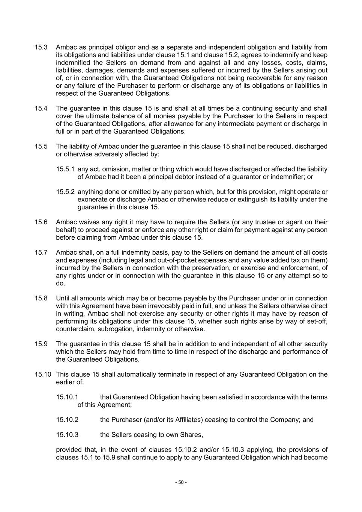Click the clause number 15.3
coord(41,47)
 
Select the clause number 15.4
coord(41,108)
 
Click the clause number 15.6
coord(41,222)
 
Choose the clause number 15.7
coord(41,253)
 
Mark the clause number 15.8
coord(41,299)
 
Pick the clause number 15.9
coord(41,344)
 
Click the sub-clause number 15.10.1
coord(67,397)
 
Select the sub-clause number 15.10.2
coord(67,420)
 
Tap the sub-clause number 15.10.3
coord(67,435)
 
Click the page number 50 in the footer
coord(181,482)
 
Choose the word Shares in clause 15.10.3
coord(192,435)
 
